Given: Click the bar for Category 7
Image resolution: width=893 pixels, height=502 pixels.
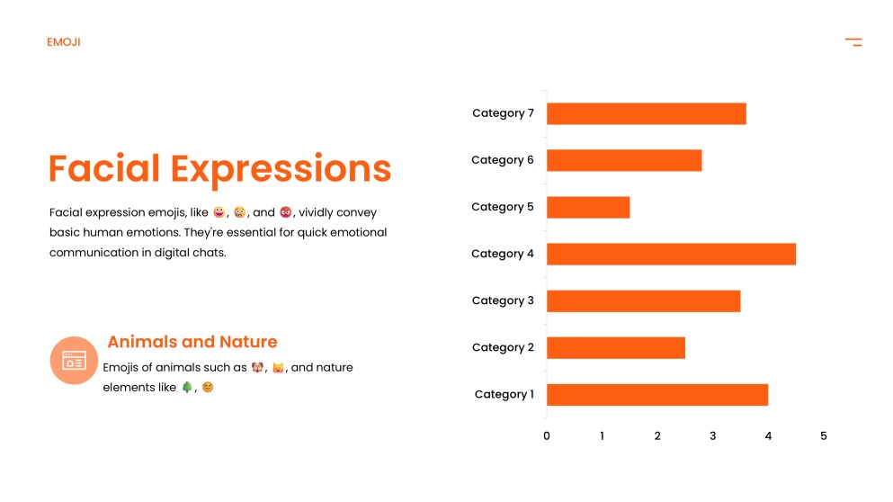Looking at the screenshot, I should click(x=646, y=113).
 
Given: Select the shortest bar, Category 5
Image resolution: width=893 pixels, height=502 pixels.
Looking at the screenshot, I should click(x=587, y=207).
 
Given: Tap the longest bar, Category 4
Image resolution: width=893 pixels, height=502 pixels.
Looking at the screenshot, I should click(x=670, y=254).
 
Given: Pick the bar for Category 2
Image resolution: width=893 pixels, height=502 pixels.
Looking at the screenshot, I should click(x=615, y=347).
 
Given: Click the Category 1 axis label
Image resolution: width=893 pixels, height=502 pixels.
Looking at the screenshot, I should click(x=504, y=394).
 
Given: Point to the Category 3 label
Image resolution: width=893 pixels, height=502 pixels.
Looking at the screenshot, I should click(x=502, y=300).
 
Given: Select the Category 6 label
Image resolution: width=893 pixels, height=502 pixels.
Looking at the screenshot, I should click(x=502, y=160).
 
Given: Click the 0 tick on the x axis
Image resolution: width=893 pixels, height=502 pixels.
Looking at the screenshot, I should click(x=547, y=436).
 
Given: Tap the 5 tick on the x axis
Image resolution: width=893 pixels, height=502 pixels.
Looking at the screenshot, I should click(x=823, y=436).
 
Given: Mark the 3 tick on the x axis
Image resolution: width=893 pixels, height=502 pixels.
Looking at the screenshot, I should click(x=712, y=436).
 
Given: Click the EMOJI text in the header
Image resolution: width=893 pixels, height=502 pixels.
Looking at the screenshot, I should click(x=64, y=42).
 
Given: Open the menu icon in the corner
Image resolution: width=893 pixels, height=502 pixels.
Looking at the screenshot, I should click(x=853, y=42).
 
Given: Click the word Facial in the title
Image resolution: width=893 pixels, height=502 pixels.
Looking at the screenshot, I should click(x=104, y=169).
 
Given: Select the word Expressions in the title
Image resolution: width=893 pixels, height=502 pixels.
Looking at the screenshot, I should click(x=281, y=169).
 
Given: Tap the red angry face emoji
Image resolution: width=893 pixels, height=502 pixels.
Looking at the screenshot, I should click(x=286, y=212).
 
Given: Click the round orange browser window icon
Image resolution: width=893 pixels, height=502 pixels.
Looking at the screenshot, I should click(x=74, y=361).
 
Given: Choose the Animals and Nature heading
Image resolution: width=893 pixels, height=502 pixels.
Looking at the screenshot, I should click(x=192, y=342).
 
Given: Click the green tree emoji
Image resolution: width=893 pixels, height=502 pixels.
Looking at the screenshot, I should click(x=187, y=387).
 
